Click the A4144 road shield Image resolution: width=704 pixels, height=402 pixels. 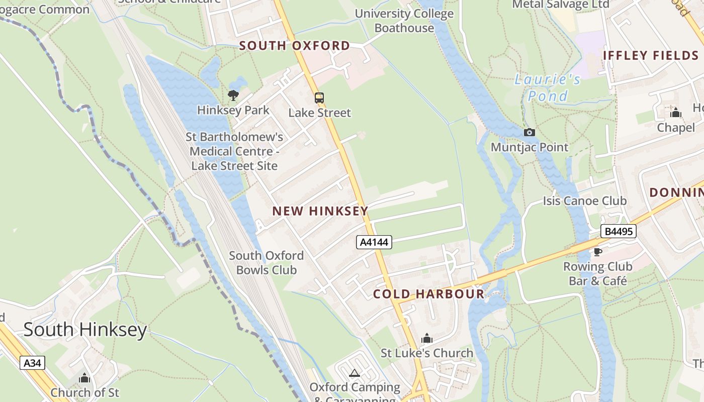click(x=374, y=242)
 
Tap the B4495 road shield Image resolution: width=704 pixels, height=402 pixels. click(x=618, y=231)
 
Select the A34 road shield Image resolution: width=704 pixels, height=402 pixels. click(x=33, y=363)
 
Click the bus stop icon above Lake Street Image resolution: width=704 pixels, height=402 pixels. click(x=319, y=97)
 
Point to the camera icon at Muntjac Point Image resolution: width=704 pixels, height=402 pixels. click(x=529, y=132)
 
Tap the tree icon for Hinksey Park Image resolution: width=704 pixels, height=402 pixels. click(x=233, y=95)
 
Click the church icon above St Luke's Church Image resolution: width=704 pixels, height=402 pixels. click(x=427, y=338)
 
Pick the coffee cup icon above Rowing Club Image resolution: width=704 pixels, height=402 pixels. click(x=597, y=251)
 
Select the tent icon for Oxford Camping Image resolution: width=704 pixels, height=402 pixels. click(x=355, y=373)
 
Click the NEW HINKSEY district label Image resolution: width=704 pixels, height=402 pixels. click(x=320, y=211)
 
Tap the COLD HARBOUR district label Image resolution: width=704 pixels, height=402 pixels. click(x=429, y=294)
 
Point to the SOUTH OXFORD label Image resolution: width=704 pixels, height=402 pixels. click(x=295, y=46)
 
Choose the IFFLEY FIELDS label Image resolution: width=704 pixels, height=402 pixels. click(x=651, y=55)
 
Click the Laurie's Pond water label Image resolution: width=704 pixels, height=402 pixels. click(x=548, y=87)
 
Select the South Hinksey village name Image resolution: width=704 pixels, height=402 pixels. click(x=85, y=330)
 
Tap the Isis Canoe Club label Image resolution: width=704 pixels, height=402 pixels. click(x=585, y=201)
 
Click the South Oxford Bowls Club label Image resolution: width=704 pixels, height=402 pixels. click(x=267, y=263)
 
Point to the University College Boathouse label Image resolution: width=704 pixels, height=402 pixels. click(x=404, y=21)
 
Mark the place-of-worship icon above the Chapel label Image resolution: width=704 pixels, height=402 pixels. click(x=675, y=112)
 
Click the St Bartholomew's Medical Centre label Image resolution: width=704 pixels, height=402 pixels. click(x=234, y=151)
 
